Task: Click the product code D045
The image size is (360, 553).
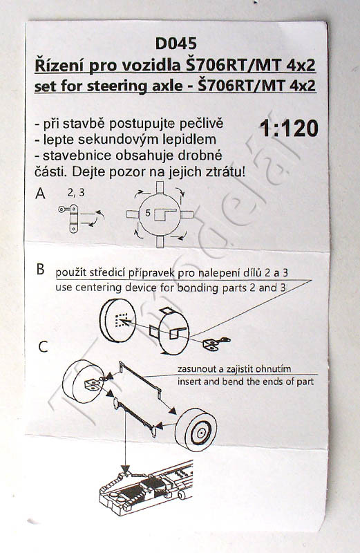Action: coord(176,44)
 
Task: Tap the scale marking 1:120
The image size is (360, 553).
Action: coord(289,128)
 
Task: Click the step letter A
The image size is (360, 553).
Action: coord(41,194)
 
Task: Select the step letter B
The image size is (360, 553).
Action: coord(41,269)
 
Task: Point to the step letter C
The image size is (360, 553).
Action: coord(43,347)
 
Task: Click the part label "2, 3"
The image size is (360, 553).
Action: coord(76,193)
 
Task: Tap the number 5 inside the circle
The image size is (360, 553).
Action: coord(148,213)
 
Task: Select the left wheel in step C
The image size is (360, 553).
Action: coord(83,382)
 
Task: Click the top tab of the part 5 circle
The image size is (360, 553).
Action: coord(160,187)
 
